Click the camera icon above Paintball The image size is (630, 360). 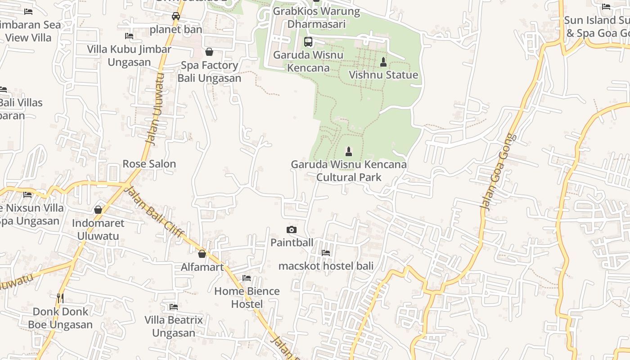point(292,230)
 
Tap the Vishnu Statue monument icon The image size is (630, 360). point(383,62)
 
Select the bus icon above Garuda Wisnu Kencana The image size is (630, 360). point(308,42)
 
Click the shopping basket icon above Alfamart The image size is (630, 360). point(202,254)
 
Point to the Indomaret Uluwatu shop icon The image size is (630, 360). point(98,210)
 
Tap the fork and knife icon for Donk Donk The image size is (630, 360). point(60,298)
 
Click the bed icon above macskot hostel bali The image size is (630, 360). point(326,253)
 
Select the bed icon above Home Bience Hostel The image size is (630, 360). point(247,278)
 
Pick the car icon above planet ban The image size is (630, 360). point(176,17)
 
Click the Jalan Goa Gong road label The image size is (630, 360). point(499,172)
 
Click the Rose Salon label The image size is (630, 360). point(149,164)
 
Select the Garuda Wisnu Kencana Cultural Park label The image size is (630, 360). point(349,171)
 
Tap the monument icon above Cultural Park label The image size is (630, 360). point(349,152)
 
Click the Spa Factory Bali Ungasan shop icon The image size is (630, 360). point(209,52)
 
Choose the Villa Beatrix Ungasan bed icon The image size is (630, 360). point(174,307)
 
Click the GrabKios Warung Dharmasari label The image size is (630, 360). point(317,18)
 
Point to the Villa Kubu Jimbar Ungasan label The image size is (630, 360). point(129,55)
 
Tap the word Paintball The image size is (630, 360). point(292,243)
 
